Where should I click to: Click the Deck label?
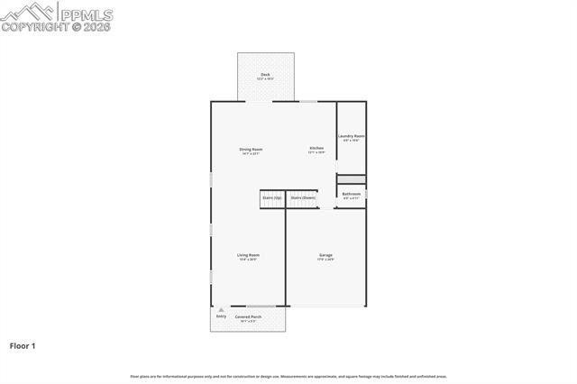coord(265,74)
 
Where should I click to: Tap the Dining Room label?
coord(251,149)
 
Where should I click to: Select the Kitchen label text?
coord(316,148)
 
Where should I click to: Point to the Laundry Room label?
coord(352,136)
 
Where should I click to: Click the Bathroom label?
coord(352,194)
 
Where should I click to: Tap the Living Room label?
coord(248,255)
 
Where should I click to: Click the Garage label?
coord(325,255)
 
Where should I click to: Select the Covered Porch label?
coord(249,317)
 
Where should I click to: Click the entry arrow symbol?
coord(221,309)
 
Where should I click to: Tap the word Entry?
coord(221,316)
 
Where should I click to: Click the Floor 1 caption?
coord(23,345)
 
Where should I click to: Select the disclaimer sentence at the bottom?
coord(288,376)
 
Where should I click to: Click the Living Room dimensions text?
coord(248,260)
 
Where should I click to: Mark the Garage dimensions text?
coord(325,260)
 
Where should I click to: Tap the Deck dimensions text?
coord(265,78)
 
